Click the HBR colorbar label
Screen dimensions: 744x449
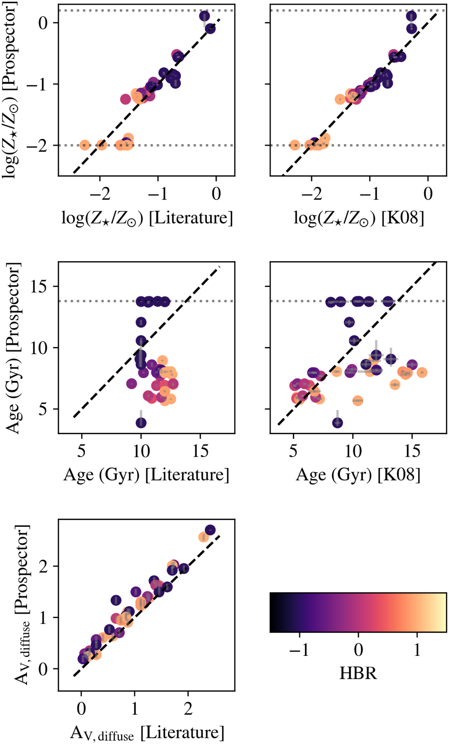pyautogui.click(x=358, y=673)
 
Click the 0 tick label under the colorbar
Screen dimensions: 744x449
pyautogui.click(x=358, y=650)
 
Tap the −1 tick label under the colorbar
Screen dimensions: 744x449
pyautogui.click(x=299, y=650)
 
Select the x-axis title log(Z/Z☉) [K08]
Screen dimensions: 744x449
pyautogui.click(x=358, y=218)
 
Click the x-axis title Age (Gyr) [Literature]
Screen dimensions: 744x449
pyautogui.click(x=146, y=475)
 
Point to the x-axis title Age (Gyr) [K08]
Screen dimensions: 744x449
pyautogui.click(x=358, y=475)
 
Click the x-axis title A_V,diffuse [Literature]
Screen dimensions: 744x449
pyautogui.click(x=147, y=733)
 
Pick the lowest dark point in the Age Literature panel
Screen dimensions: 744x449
pyautogui.click(x=141, y=423)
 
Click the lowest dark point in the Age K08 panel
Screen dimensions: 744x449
pyautogui.click(x=338, y=423)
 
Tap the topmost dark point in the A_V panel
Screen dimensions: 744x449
pyautogui.click(x=210, y=530)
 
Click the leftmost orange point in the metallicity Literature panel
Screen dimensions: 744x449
pyautogui.click(x=84, y=145)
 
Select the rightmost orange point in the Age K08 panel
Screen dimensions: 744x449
pyautogui.click(x=422, y=372)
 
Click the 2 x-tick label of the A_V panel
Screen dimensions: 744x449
pyautogui.click(x=188, y=709)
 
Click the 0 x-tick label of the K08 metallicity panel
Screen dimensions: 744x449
pyautogui.click(x=428, y=194)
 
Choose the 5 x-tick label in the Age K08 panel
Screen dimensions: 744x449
pyautogui.click(x=293, y=451)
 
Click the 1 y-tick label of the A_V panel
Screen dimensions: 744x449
pyautogui.click(x=43, y=618)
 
